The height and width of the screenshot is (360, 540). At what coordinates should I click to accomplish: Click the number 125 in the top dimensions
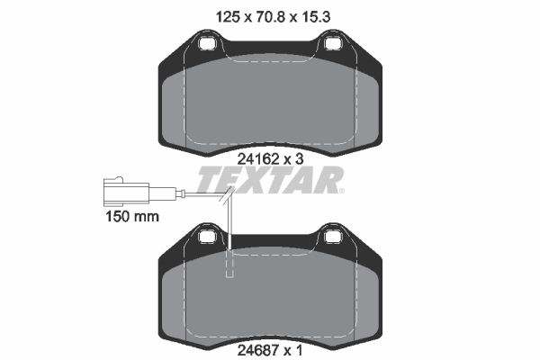pos(228,16)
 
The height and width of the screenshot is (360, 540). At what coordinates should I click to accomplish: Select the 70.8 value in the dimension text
pos(270,16)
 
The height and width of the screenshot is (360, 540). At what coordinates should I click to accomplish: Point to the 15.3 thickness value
pos(316,16)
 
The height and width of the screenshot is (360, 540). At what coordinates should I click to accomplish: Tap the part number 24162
pos(258,159)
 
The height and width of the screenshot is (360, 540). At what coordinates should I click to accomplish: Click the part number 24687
pos(258,351)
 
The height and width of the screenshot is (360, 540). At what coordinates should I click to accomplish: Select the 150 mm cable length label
pos(132,217)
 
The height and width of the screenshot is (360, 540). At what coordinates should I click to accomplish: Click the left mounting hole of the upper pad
pos(207,43)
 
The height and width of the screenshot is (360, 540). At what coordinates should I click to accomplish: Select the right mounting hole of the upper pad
pos(333,43)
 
